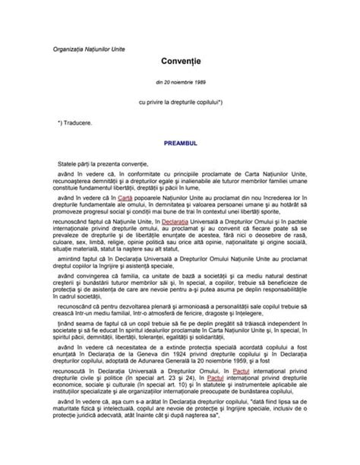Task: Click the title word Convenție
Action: click(179, 59)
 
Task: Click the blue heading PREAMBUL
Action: click(180, 142)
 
